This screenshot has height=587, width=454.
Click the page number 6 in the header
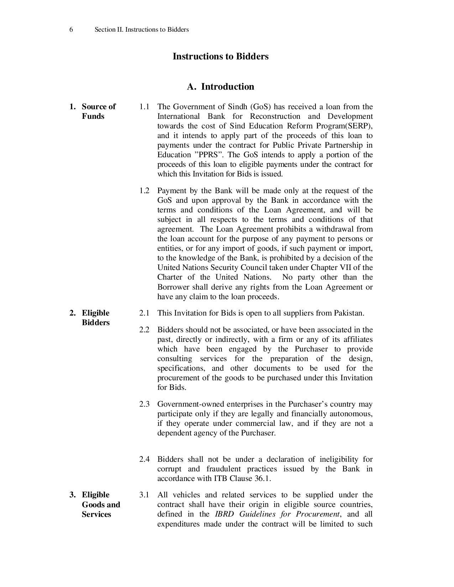(x=71, y=30)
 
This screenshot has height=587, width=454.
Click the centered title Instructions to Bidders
(x=220, y=57)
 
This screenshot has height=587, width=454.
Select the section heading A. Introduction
(x=220, y=87)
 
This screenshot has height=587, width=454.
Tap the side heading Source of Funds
(x=98, y=111)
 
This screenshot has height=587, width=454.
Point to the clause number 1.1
(x=144, y=107)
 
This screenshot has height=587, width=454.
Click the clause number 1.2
(x=144, y=191)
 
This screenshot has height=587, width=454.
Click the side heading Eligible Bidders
(x=95, y=318)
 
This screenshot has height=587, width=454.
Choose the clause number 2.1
(x=144, y=313)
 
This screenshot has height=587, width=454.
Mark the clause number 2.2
(x=144, y=330)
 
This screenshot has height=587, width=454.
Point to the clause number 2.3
(x=144, y=404)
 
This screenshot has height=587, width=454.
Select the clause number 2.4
(x=144, y=459)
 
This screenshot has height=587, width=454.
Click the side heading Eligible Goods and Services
(x=100, y=504)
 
